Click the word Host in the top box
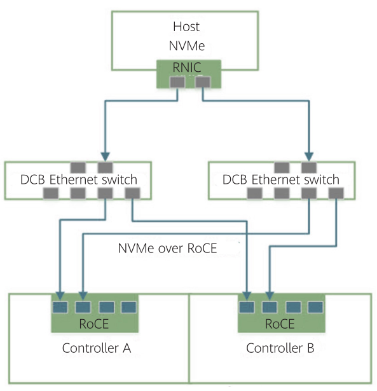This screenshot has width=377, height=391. (x=186, y=27)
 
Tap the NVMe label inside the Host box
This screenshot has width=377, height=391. (x=187, y=46)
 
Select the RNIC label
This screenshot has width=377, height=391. (x=187, y=67)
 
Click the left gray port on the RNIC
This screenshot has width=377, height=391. (x=177, y=82)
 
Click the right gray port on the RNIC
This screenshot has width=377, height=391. (x=203, y=82)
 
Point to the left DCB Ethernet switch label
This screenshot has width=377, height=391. (x=79, y=180)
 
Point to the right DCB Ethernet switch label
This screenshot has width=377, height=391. (x=281, y=180)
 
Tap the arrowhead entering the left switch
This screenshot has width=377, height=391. (x=106, y=157)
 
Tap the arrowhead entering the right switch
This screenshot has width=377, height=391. (x=309, y=157)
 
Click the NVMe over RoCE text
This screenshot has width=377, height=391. (x=168, y=249)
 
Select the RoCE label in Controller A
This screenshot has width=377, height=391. (x=94, y=324)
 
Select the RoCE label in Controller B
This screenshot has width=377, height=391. (x=280, y=324)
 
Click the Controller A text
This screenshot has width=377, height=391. (x=97, y=348)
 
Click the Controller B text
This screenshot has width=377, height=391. (x=280, y=348)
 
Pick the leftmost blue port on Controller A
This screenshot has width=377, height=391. (x=60, y=307)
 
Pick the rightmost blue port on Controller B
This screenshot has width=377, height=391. (x=315, y=307)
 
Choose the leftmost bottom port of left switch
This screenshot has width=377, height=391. (x=51, y=193)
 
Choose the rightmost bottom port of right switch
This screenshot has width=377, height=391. (x=336, y=193)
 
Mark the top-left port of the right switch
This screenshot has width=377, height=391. (x=282, y=167)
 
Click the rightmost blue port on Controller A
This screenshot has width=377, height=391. (x=128, y=307)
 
